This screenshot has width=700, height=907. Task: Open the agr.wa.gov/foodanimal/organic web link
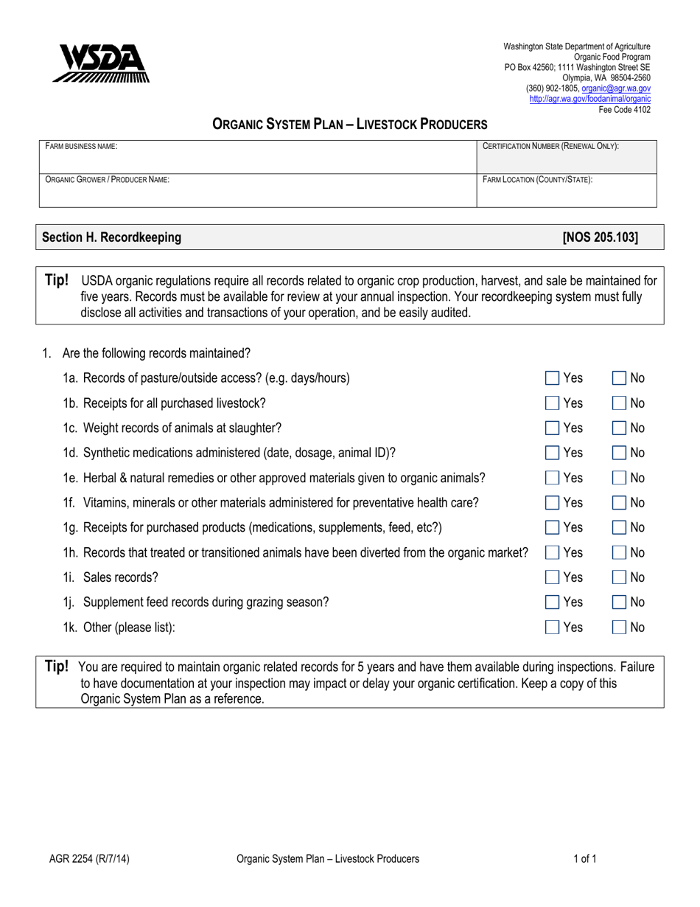(589, 98)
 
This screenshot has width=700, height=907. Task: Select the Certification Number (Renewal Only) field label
(550, 147)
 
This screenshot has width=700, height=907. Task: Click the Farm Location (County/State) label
(537, 179)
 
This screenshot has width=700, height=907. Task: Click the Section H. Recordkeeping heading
(111, 237)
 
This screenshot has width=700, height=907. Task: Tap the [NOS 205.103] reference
(601, 237)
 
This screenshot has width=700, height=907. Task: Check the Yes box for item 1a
(552, 378)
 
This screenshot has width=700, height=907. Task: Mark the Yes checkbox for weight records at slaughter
(552, 428)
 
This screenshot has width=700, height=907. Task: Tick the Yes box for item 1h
(552, 553)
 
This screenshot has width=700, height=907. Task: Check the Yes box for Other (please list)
(552, 628)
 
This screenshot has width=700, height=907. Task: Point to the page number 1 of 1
(584, 858)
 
